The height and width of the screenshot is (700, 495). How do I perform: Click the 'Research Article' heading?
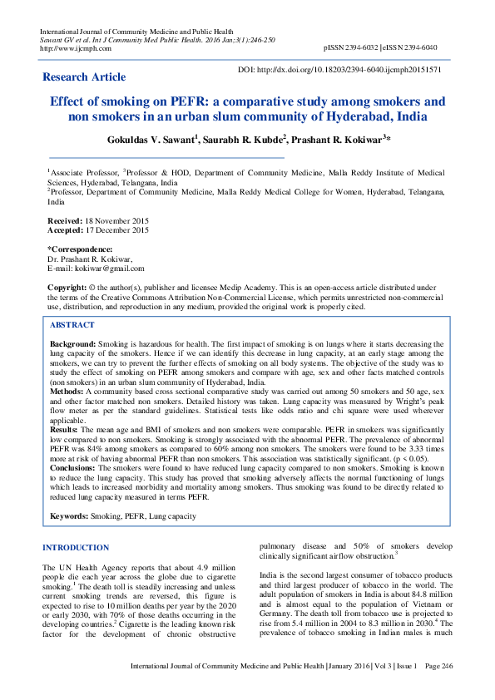[84, 77]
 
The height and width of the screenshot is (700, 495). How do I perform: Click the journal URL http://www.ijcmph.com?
[70, 48]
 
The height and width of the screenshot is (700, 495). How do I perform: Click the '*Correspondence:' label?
[80, 249]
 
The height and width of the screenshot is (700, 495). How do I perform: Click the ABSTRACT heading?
[72, 325]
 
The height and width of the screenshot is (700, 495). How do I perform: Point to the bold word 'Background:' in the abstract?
[73, 343]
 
